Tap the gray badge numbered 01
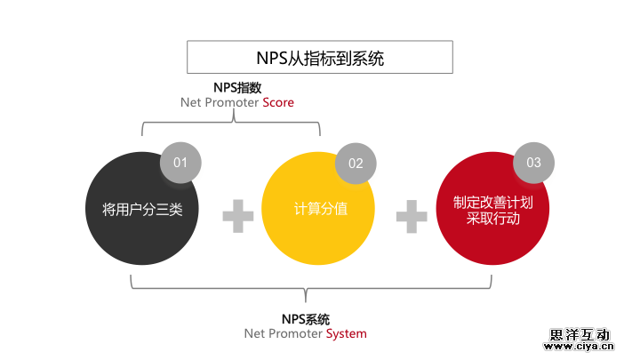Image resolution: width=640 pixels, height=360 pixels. [x=180, y=162]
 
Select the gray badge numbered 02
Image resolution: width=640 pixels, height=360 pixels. [x=356, y=163]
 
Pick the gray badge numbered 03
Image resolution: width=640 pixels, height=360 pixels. [x=533, y=163]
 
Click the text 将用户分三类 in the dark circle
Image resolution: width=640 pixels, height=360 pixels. [x=142, y=210]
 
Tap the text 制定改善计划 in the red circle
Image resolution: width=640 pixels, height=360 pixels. [x=492, y=202]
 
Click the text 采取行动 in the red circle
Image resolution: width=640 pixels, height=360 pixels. [x=492, y=219]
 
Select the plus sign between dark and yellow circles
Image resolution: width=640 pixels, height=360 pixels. [x=237, y=216]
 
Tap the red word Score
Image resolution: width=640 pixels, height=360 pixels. [x=277, y=103]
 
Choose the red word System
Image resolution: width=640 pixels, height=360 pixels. [x=346, y=334]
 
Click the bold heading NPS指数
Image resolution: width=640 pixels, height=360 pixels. [x=237, y=87]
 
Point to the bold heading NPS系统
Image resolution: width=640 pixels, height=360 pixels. [x=305, y=318]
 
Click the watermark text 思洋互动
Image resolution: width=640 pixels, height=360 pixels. [x=580, y=335]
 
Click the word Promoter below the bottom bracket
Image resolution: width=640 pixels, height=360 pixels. [x=294, y=334]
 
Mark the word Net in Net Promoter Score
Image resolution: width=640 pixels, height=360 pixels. [x=190, y=103]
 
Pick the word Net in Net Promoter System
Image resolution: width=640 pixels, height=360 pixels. [x=254, y=334]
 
